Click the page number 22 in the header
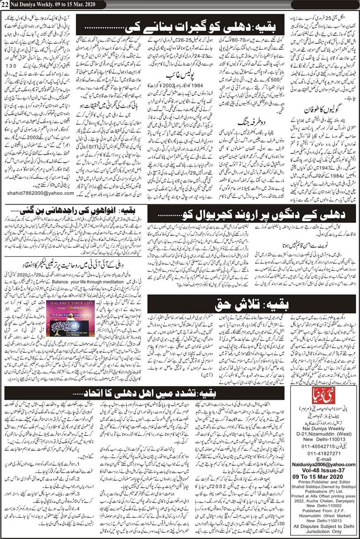pyautogui.click(x=5, y=4)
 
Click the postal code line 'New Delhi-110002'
pyautogui.click(x=322, y=515)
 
